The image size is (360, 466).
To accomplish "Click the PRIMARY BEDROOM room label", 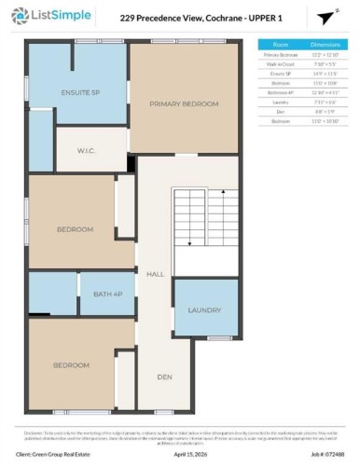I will tap(184, 103).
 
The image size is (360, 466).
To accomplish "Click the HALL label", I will tap(155, 274).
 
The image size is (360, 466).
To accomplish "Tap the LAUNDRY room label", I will tap(203, 309).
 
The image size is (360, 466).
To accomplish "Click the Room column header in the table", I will tap(280, 44).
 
